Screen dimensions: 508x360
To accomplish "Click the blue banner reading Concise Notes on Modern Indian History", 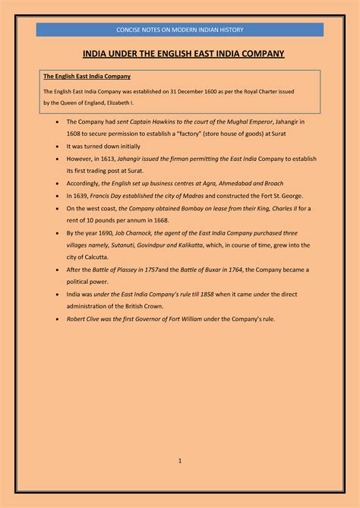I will (x=180, y=30).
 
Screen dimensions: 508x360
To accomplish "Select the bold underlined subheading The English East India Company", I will (x=87, y=77).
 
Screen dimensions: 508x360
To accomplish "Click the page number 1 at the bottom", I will (x=180, y=460).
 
